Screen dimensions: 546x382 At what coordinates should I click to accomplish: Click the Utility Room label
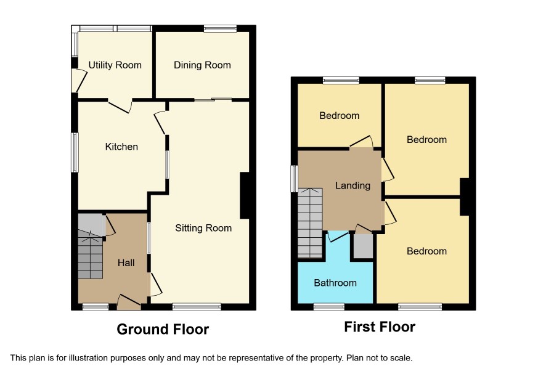tap(115, 65)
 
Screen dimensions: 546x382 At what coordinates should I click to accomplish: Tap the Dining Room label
tap(202, 65)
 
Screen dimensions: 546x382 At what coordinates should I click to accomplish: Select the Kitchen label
tap(121, 147)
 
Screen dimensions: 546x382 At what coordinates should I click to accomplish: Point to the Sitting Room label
tap(203, 228)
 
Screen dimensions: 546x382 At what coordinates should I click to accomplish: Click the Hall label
tap(126, 263)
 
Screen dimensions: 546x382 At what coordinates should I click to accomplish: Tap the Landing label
tap(352, 185)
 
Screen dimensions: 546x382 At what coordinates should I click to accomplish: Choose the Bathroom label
tap(335, 283)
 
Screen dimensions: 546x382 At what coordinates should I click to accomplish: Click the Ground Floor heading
tap(163, 329)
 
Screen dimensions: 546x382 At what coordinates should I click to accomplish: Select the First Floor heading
tap(380, 327)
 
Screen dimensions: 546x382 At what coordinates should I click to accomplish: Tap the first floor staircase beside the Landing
tap(310, 223)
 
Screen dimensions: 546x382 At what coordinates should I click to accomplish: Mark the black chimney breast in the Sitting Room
tap(245, 195)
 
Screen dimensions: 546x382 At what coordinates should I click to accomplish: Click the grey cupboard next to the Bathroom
tap(363, 246)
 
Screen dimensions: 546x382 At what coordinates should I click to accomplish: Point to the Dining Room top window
tap(220, 28)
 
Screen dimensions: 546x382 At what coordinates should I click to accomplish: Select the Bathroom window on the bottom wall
tap(329, 307)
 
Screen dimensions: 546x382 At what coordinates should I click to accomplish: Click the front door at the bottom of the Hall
tap(129, 303)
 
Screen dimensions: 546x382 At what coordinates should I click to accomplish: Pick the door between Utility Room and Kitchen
tap(120, 106)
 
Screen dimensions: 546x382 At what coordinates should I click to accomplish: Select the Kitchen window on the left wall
tap(75, 153)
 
